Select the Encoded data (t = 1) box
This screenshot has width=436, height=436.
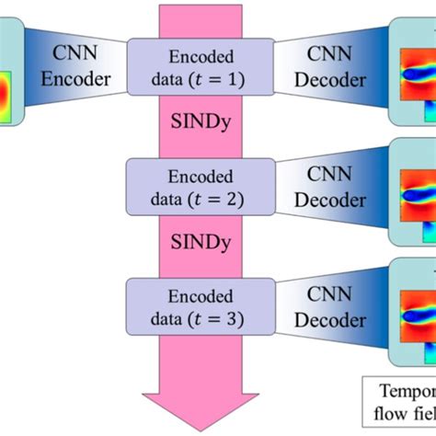pos(200,65)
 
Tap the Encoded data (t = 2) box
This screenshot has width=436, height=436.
pos(200,186)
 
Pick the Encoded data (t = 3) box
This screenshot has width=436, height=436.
pos(200,307)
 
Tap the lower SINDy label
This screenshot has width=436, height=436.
pos(200,243)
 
